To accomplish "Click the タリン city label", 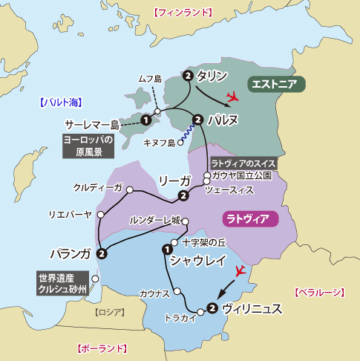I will coord(212,75).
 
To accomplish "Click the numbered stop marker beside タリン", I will coord(188,76).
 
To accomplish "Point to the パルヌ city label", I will coord(222,120).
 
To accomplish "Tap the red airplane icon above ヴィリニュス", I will coord(240,271).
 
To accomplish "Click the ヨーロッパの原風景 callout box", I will coord(88,146).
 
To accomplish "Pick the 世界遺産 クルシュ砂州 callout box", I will coord(62,283).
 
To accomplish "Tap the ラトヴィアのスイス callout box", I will coord(243,163).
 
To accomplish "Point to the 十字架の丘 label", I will coord(202,242).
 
